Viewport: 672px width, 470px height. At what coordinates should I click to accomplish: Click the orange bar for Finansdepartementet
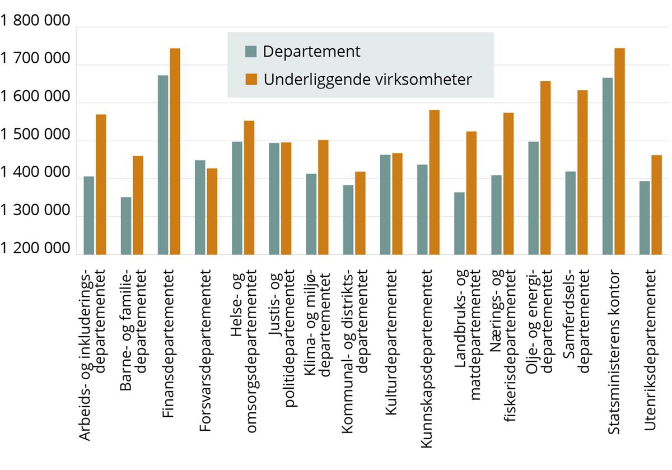pos(175,151)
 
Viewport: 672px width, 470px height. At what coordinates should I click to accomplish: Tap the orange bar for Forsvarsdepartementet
pos(212,211)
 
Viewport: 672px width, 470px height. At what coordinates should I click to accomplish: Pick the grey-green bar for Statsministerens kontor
pos(608,166)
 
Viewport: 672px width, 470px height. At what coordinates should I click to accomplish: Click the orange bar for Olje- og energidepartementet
pos(545,167)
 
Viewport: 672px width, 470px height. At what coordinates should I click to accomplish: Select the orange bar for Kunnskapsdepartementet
pos(434,182)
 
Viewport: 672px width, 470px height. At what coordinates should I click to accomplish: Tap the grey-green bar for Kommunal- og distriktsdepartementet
pos(348,220)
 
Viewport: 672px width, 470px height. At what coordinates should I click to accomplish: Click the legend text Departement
pos(311,52)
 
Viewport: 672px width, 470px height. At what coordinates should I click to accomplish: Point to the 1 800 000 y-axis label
pos(36,22)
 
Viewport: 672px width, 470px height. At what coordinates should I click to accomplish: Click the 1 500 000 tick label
pos(36,136)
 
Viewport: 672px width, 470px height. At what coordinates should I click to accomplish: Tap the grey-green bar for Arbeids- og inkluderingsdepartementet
pos(89,215)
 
